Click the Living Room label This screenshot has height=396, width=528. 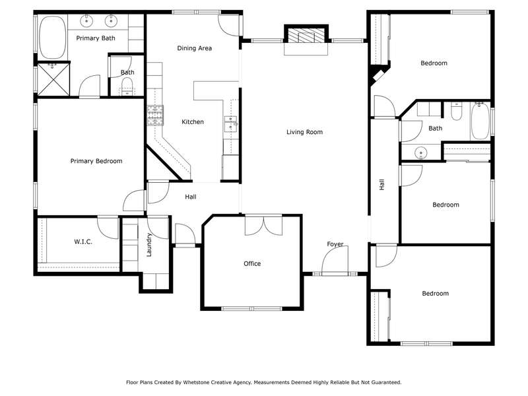tap(304, 132)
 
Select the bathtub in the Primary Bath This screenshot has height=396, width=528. tap(53, 38)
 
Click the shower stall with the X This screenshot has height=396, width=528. tap(53, 79)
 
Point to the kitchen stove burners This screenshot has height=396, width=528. tap(155, 115)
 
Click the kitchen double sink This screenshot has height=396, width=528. tap(230, 123)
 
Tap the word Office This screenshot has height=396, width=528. tap(252, 263)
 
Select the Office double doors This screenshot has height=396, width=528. tap(263, 226)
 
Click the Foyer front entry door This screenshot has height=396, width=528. tap(335, 261)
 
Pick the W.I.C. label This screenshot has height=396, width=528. tap(83, 242)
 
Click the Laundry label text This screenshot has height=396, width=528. tap(149, 245)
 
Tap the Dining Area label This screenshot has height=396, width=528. tap(194, 48)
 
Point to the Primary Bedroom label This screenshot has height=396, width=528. tap(96, 161)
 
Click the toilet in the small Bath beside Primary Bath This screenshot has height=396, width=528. tap(127, 84)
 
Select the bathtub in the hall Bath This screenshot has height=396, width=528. tap(480, 121)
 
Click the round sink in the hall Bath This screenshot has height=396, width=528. tap(420, 152)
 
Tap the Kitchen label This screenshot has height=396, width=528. tap(193, 122)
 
